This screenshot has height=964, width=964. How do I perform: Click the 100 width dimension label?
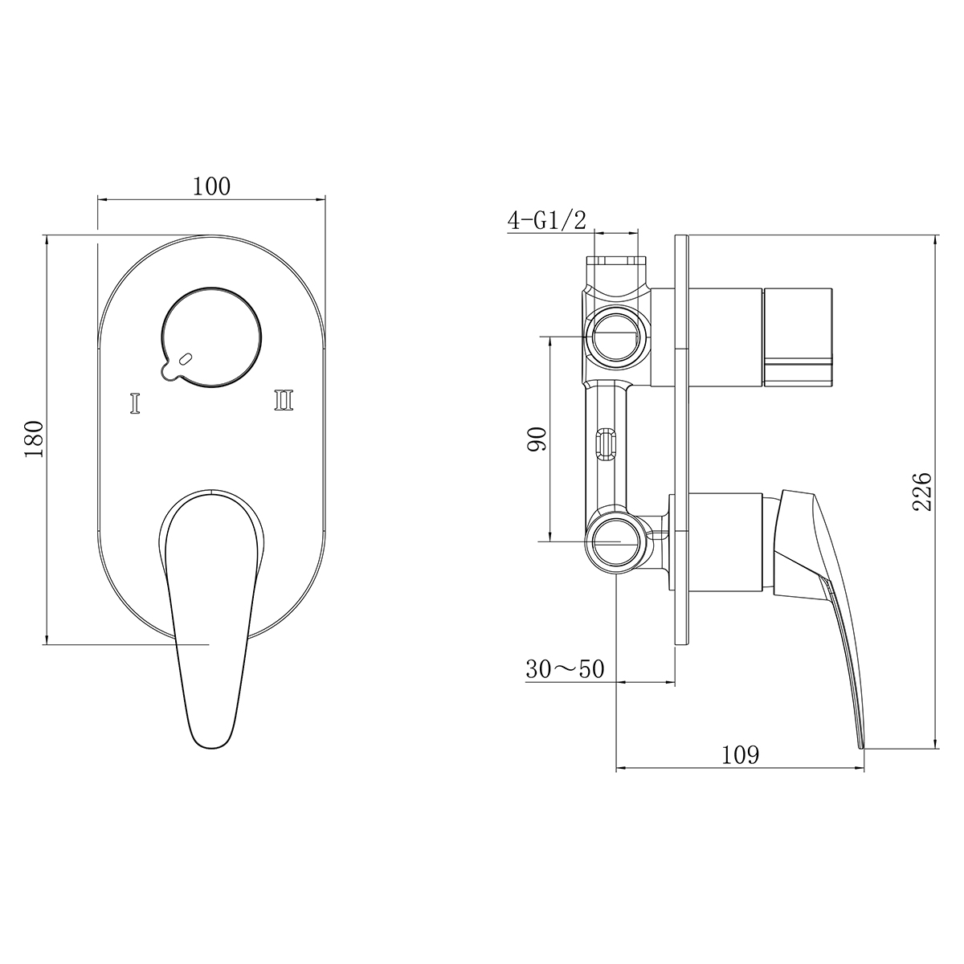211,186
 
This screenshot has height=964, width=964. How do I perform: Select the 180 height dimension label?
35,439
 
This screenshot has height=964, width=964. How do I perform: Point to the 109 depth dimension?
740,755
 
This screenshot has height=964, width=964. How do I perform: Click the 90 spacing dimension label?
537,439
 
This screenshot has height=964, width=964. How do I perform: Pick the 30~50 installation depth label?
564,668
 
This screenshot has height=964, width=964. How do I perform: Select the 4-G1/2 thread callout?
546,221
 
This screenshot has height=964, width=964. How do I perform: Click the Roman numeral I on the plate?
135,402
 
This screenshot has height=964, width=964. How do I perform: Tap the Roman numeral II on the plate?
284,399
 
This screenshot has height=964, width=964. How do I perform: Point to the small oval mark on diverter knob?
186,360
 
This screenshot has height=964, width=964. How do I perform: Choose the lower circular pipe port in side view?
615,541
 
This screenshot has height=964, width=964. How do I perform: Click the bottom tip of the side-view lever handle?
861,744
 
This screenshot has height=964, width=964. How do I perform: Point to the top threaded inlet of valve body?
616,262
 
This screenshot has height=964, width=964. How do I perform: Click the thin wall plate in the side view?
682,439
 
